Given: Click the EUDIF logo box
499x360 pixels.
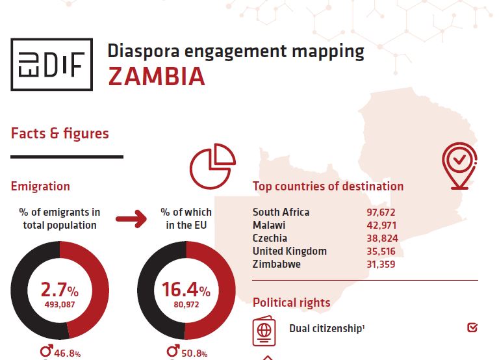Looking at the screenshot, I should (x=51, y=64).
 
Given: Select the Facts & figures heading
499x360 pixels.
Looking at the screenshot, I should (x=60, y=134).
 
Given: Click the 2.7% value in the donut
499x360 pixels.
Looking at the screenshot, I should (x=59, y=289).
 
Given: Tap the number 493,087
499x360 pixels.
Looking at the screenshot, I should (x=59, y=303).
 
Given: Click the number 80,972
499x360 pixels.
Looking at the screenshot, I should (x=186, y=303).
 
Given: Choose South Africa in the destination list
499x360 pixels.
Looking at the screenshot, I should (x=281, y=212).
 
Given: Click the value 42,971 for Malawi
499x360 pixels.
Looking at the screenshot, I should (x=381, y=225).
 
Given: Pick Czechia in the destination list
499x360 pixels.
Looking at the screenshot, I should (x=270, y=238).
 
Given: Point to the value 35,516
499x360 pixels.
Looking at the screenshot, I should (x=381, y=251).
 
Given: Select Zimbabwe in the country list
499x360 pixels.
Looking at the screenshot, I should (x=276, y=264).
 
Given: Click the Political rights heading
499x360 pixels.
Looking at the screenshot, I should (x=291, y=302).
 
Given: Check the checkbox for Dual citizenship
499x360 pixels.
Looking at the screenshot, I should (x=472, y=328).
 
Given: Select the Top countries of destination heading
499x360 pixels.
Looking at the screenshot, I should (x=328, y=186).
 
